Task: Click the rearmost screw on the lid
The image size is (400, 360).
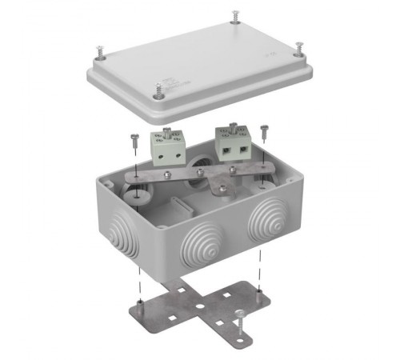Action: coord(235,15)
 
